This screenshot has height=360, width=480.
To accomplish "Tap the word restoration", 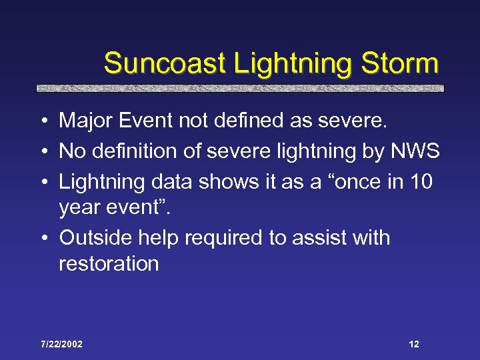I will (109, 263).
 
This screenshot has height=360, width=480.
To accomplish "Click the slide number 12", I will (413, 344).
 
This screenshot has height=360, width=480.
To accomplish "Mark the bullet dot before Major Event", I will (43, 121).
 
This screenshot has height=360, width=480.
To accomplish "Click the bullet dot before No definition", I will (43, 152).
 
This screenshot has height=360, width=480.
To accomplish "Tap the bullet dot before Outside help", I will (43, 238).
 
